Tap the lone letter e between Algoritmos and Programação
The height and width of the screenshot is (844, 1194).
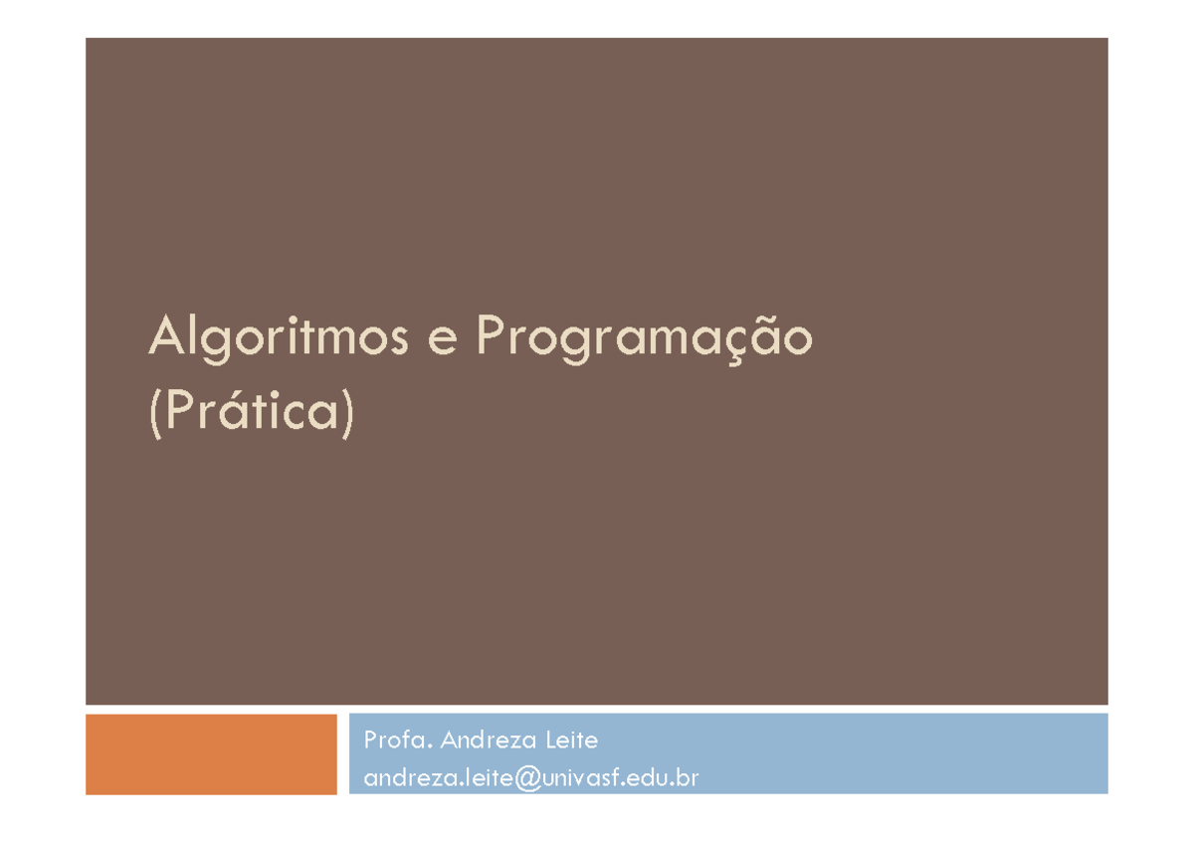(x=444, y=341)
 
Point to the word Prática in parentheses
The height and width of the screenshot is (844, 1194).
(x=253, y=413)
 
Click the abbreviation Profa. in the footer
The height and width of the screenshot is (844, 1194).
(x=397, y=740)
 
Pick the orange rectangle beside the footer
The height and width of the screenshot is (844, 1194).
(x=211, y=753)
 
